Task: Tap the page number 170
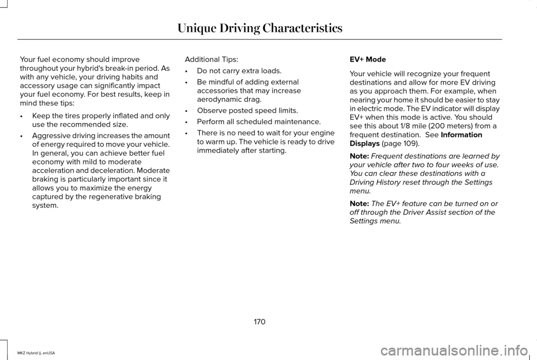[259, 322]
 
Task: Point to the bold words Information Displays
[416, 139]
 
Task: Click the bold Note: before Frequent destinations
[359, 156]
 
